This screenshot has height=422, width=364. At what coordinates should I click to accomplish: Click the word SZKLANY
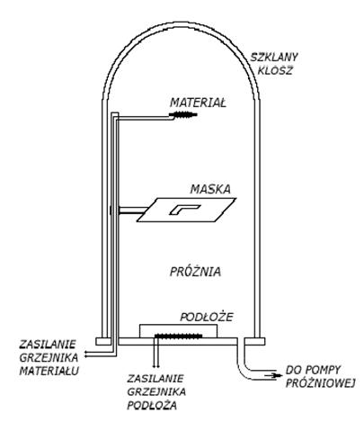(x=274, y=58)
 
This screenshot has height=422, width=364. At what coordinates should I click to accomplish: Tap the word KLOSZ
(x=275, y=71)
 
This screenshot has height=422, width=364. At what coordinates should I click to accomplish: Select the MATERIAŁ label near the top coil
(x=198, y=103)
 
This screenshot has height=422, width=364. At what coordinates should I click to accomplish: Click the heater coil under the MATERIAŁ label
(x=183, y=114)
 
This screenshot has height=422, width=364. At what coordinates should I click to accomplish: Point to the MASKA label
(x=210, y=189)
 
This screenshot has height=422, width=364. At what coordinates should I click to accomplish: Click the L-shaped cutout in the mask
(x=183, y=209)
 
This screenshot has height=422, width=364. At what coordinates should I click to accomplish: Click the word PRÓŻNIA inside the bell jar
(x=195, y=272)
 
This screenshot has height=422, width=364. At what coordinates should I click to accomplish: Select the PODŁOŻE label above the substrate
(x=207, y=317)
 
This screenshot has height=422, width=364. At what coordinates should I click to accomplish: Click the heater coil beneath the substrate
(x=178, y=336)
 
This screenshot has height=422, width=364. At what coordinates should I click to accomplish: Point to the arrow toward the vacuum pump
(x=273, y=375)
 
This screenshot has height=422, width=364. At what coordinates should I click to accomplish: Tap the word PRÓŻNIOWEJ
(x=320, y=383)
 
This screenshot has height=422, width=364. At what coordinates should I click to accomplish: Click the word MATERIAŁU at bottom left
(x=49, y=371)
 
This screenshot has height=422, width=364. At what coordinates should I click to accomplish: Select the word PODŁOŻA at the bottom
(x=152, y=406)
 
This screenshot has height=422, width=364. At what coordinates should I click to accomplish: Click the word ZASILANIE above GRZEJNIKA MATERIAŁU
(x=47, y=345)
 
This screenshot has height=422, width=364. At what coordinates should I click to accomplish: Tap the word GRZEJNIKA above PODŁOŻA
(x=156, y=391)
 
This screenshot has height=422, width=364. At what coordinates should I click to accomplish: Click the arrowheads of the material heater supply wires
(x=86, y=354)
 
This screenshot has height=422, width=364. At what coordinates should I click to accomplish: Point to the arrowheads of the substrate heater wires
(x=155, y=366)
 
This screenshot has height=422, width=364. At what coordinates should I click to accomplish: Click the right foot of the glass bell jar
(x=254, y=341)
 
